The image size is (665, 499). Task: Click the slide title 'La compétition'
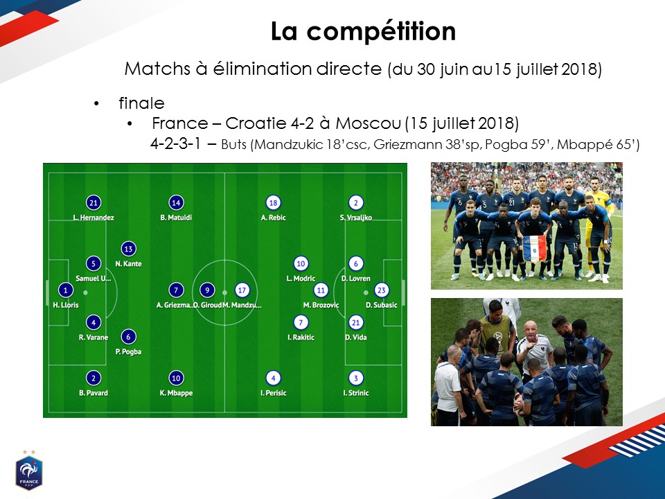tap(363, 31)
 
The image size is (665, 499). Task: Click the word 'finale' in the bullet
tap(141, 103)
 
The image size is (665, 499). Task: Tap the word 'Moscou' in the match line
tap(368, 123)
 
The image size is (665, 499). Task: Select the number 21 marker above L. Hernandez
tap(94, 203)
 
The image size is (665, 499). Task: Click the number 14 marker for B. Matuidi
tap(176, 203)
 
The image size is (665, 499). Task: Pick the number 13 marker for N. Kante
tap(129, 249)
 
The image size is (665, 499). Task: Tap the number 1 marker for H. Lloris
tap(65, 290)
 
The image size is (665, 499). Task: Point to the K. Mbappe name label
tap(176, 393)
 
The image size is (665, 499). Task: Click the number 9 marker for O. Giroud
tap(207, 290)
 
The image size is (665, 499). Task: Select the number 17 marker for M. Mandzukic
tap(242, 290)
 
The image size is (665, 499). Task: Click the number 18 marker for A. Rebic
tap(273, 203)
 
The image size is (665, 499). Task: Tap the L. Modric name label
tap(301, 279)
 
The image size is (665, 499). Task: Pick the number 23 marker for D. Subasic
tap(381, 290)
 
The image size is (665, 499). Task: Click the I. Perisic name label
tap(273, 393)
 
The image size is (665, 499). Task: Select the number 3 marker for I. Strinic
tap(356, 378)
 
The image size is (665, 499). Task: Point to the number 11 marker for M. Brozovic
tap(321, 290)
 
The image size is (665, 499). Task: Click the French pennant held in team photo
tap(534, 249)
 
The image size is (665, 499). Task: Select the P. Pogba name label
tap(129, 352)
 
